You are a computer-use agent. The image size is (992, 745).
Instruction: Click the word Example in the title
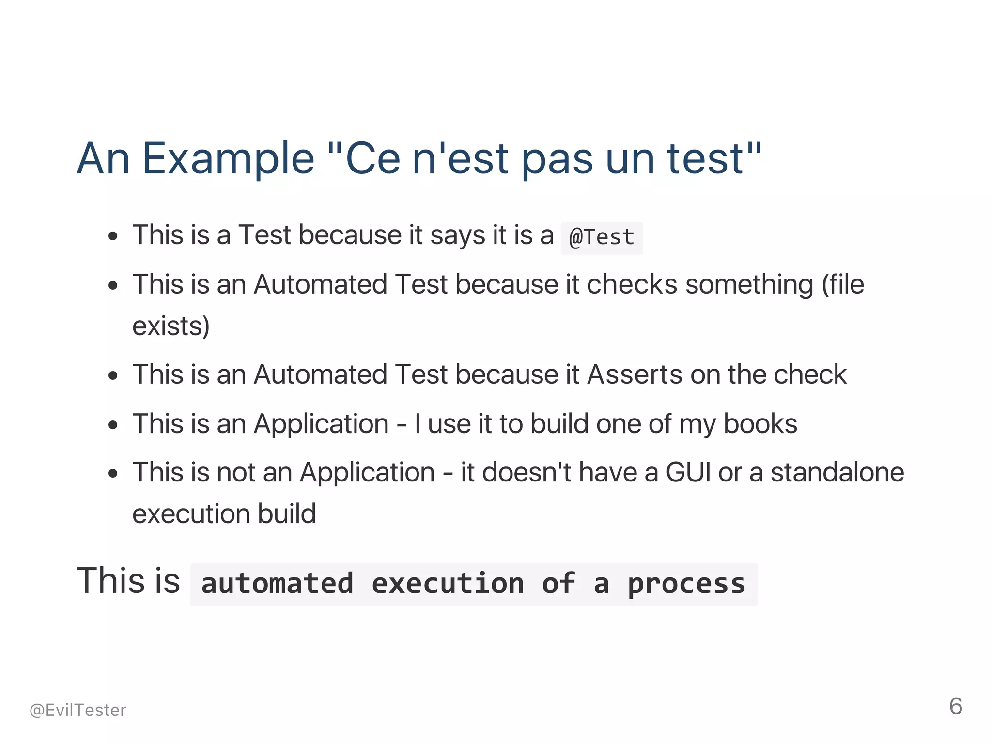pyautogui.click(x=228, y=159)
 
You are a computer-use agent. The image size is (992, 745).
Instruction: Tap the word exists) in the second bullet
pyautogui.click(x=171, y=326)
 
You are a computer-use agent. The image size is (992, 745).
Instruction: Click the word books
pyautogui.click(x=760, y=424)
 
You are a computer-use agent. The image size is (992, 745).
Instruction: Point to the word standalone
pyautogui.click(x=837, y=472)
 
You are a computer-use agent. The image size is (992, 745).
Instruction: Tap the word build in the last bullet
pyautogui.click(x=287, y=514)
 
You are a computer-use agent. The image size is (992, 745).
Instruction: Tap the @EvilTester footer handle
pyautogui.click(x=77, y=710)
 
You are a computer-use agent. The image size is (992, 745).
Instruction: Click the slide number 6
pyautogui.click(x=956, y=706)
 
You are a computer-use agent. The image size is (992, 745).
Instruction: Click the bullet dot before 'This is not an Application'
pyautogui.click(x=113, y=473)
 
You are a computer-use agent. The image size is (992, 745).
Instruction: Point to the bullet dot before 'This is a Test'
pyautogui.click(x=113, y=236)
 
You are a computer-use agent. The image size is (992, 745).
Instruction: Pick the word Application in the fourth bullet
pyautogui.click(x=321, y=424)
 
